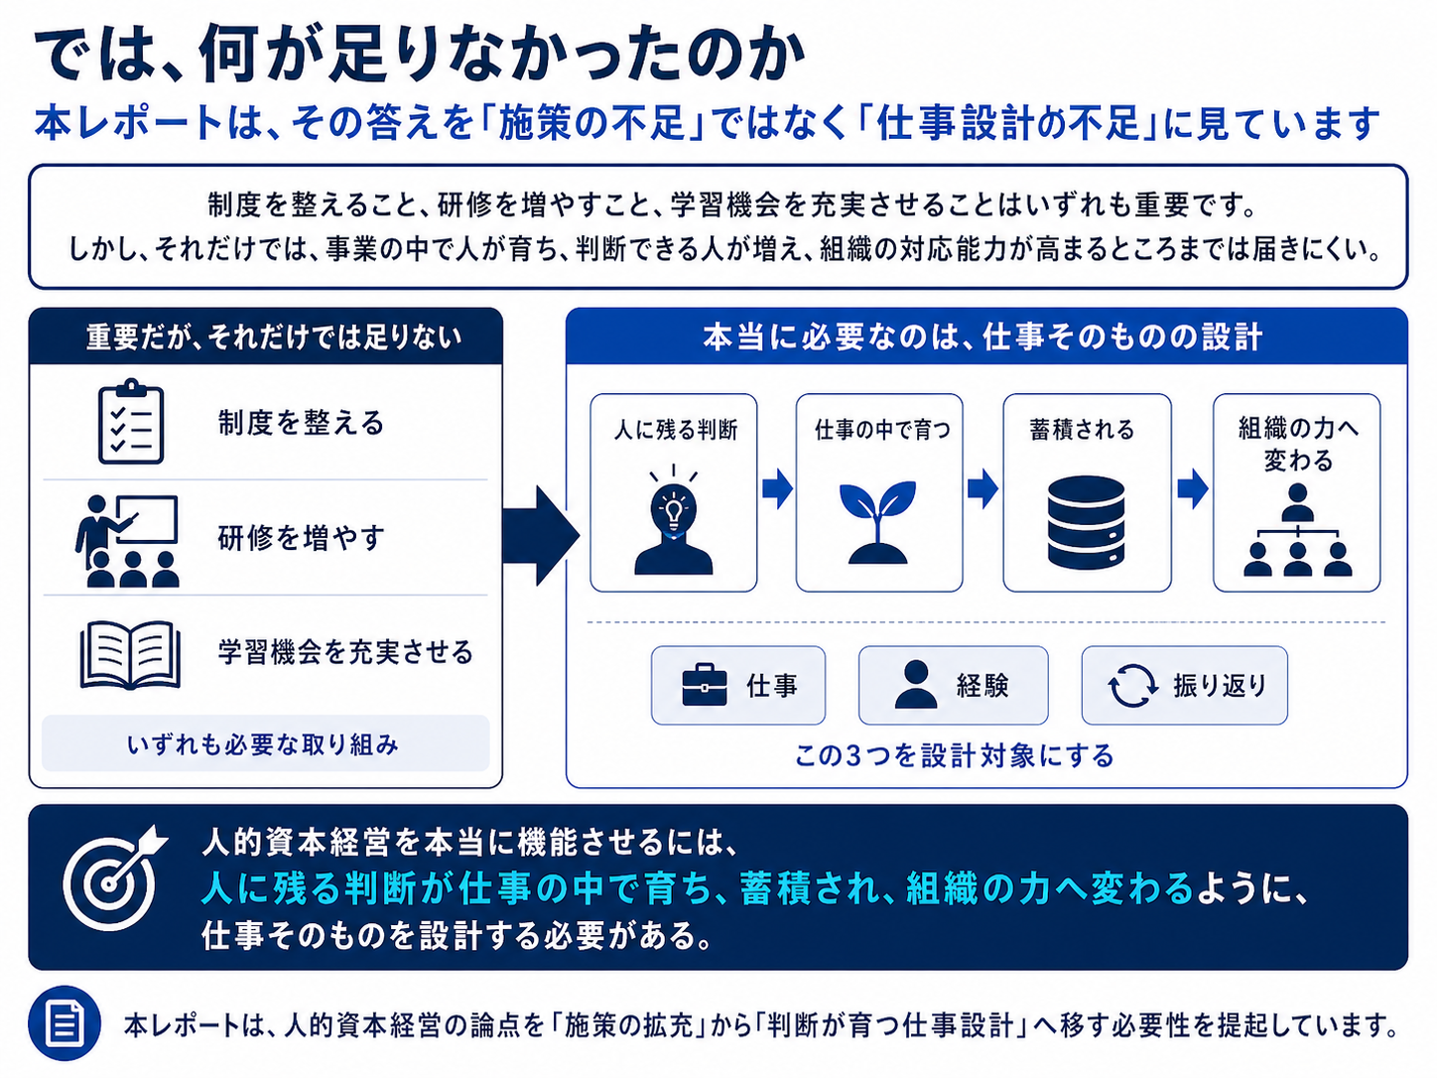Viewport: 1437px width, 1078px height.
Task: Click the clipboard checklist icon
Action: pos(131,421)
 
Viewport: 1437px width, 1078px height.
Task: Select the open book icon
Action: pos(130,655)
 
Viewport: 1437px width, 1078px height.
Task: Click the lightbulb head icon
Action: pos(673,520)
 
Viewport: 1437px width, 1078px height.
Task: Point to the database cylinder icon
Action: pos(1086,522)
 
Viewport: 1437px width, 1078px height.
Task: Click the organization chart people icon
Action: pos(1297,530)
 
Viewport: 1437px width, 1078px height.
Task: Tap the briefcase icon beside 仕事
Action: pos(705,685)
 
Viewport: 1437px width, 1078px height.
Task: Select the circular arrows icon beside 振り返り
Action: pos(1132,686)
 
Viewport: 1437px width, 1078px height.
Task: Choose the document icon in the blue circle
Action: pos(65,1023)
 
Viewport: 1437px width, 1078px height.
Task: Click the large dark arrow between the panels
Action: pos(541,535)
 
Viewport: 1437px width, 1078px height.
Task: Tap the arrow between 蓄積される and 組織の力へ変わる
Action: pos(1192,488)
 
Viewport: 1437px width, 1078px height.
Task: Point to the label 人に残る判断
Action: pos(675,430)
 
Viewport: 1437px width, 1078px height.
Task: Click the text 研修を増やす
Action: pos(301,538)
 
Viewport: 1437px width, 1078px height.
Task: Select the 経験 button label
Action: pos(982,685)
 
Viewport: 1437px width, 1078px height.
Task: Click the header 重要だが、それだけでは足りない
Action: pos(274,337)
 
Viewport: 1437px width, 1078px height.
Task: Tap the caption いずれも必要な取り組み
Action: pos(263,744)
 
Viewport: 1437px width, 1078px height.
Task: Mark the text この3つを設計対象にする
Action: pos(955,756)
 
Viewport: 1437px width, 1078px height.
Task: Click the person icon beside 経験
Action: pos(915,685)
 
